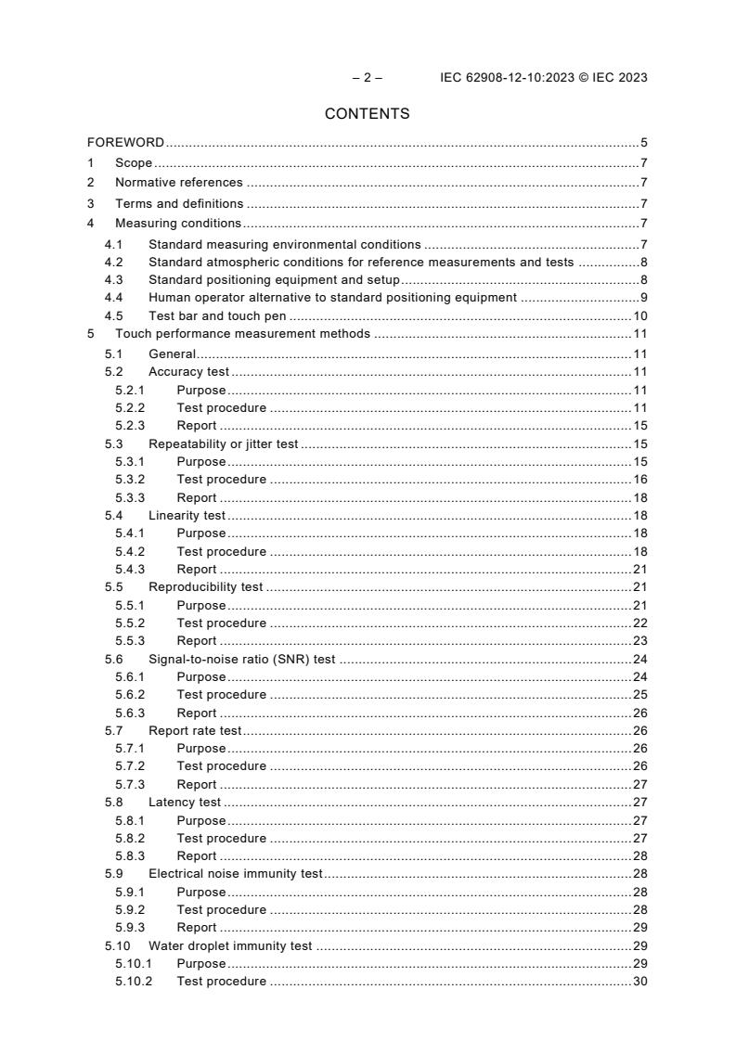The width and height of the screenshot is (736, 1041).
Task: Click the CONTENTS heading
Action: pos(368,114)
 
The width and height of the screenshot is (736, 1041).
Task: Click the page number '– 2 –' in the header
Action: pos(367,78)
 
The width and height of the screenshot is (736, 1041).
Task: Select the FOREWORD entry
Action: pos(125,143)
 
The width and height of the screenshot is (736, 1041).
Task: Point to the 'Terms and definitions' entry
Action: pos(179,203)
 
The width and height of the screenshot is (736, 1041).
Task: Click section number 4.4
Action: pos(113,298)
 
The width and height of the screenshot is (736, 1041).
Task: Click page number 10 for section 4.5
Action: pos(639,316)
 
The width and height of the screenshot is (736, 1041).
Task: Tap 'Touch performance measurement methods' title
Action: pos(242,334)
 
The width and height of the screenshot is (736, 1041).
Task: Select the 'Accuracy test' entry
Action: pos(188,372)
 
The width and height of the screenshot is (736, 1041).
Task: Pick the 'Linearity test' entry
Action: pos(187,516)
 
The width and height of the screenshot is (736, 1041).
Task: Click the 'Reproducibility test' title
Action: pos(205,587)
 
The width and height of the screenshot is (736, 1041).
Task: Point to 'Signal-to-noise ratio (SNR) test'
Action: pos(241,660)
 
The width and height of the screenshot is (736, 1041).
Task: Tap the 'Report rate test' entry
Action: pos(194,731)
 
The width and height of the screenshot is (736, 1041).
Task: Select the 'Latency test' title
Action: pos(185,803)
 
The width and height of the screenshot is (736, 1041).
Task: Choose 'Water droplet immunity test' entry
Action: pos(230,946)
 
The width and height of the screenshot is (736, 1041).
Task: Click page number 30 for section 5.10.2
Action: pos(639,982)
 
